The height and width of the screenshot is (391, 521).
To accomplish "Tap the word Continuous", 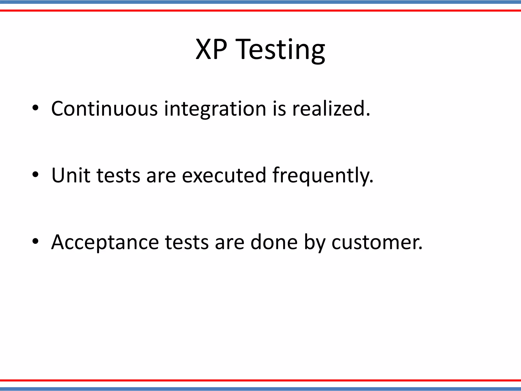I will [x=104, y=109].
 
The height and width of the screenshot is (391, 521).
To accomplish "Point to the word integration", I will [x=215, y=109].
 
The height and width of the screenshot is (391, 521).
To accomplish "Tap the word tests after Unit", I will [x=118, y=176].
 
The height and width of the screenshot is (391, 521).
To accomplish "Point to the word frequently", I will [x=323, y=176].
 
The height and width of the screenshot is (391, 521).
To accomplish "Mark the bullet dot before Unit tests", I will [x=35, y=175].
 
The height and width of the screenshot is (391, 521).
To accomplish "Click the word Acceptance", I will [x=105, y=242].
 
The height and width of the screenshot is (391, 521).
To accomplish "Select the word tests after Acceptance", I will [x=187, y=242].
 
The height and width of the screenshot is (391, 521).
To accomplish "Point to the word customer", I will [x=377, y=242].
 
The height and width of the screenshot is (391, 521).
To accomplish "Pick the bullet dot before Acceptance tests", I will [x=35, y=242].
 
